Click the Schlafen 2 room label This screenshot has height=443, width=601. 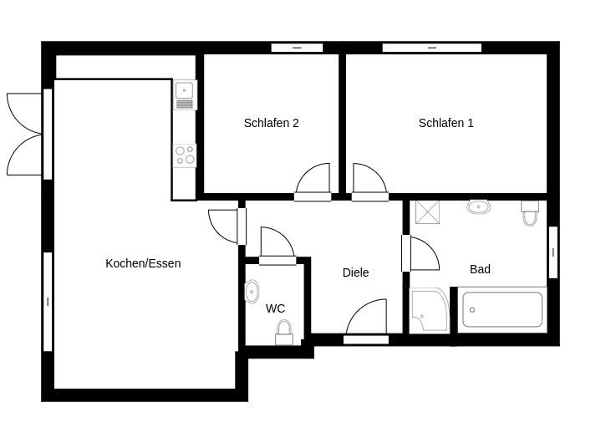click(x=271, y=123)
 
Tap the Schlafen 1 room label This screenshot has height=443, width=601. click(x=446, y=123)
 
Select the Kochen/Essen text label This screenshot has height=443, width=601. click(x=143, y=263)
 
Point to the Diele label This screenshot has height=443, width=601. click(x=355, y=272)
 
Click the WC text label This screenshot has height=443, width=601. click(x=275, y=308)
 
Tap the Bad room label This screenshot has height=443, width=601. click(x=480, y=269)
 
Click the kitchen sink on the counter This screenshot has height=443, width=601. click(x=185, y=90)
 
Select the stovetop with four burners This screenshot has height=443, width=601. click(x=185, y=155)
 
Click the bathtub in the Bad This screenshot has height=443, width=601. click(x=502, y=309)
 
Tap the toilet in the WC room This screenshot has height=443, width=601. click(x=284, y=333)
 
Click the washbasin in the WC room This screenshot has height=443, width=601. click(x=252, y=291)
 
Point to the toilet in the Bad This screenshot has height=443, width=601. click(x=530, y=214)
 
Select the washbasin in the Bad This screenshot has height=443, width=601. click(x=479, y=206)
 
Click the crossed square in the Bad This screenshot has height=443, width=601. click(x=428, y=212)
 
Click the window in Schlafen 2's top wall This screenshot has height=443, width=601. click(x=297, y=48)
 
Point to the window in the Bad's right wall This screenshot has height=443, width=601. click(x=553, y=252)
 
